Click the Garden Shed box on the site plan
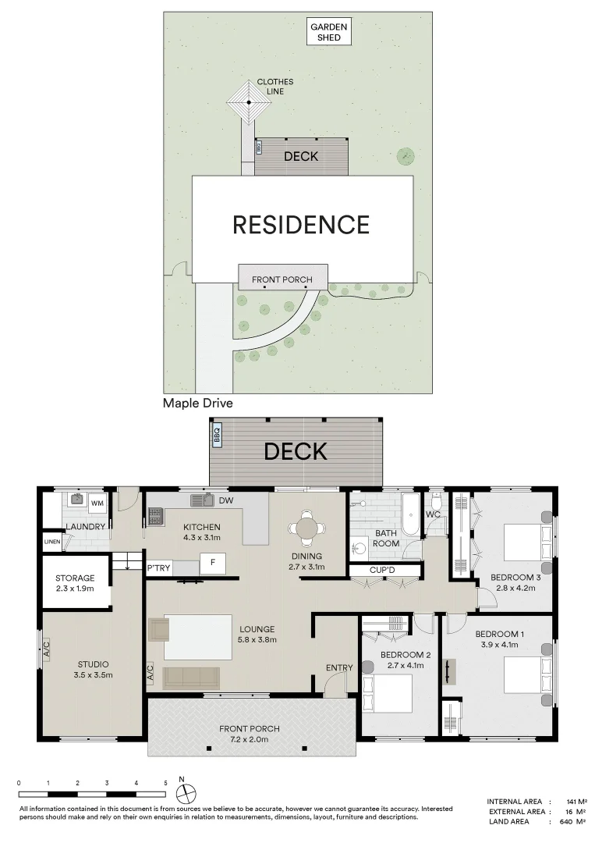coord(329,32)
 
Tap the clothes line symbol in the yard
coord(249,102)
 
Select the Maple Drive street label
coord(198,404)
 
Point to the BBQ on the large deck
coord(217,434)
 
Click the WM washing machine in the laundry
coord(97,503)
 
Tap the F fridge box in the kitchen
coord(212,562)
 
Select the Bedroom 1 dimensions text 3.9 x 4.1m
coord(499,645)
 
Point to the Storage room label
coord(75,578)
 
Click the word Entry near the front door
coord(339,667)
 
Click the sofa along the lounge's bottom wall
coord(191,678)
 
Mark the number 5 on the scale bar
coord(165,783)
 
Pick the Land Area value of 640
coord(567,821)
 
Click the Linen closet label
coord(52,541)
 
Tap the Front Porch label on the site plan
coord(282,279)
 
